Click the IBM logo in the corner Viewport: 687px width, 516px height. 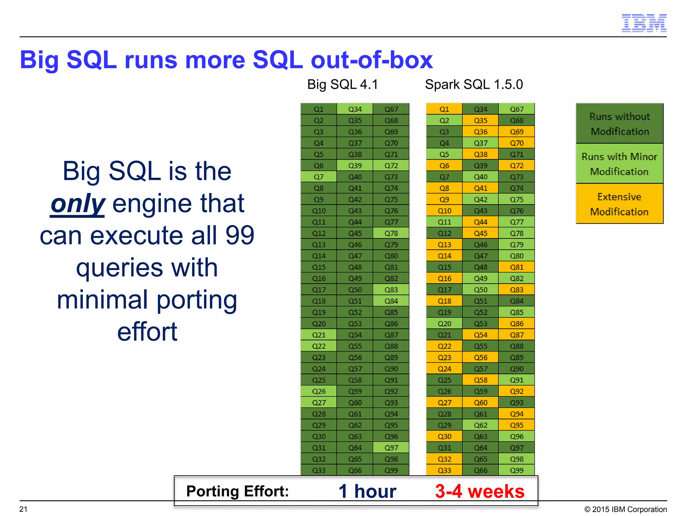(644, 23)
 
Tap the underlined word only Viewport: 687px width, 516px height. (78, 204)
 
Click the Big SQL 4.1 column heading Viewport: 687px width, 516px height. (342, 84)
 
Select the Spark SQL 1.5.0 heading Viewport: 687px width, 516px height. (474, 84)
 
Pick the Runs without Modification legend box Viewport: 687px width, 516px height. (619, 124)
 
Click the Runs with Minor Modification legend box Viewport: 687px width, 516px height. (619, 164)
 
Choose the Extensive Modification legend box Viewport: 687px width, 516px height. (619, 204)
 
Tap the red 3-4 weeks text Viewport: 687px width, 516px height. (479, 491)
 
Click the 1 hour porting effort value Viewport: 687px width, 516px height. (367, 491)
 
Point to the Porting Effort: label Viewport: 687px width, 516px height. (237, 491)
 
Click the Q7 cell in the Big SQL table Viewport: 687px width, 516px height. (319, 177)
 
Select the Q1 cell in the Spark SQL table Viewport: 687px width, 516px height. (444, 109)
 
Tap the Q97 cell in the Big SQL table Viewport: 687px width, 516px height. (391, 448)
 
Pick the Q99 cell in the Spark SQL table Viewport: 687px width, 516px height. (517, 470)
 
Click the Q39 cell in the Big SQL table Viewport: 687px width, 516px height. (355, 166)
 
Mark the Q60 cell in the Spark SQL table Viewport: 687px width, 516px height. (480, 402)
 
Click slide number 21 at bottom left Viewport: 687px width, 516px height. (23, 509)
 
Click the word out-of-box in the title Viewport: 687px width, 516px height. (372, 60)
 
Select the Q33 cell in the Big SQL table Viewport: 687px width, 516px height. (319, 470)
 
